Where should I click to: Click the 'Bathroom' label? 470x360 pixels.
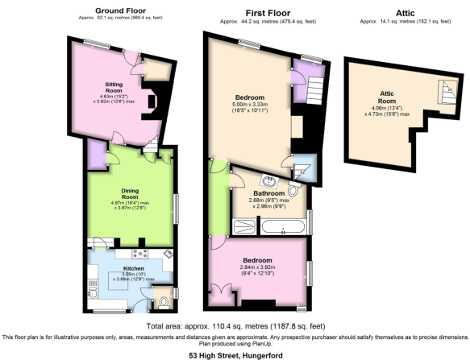coord(268,193)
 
